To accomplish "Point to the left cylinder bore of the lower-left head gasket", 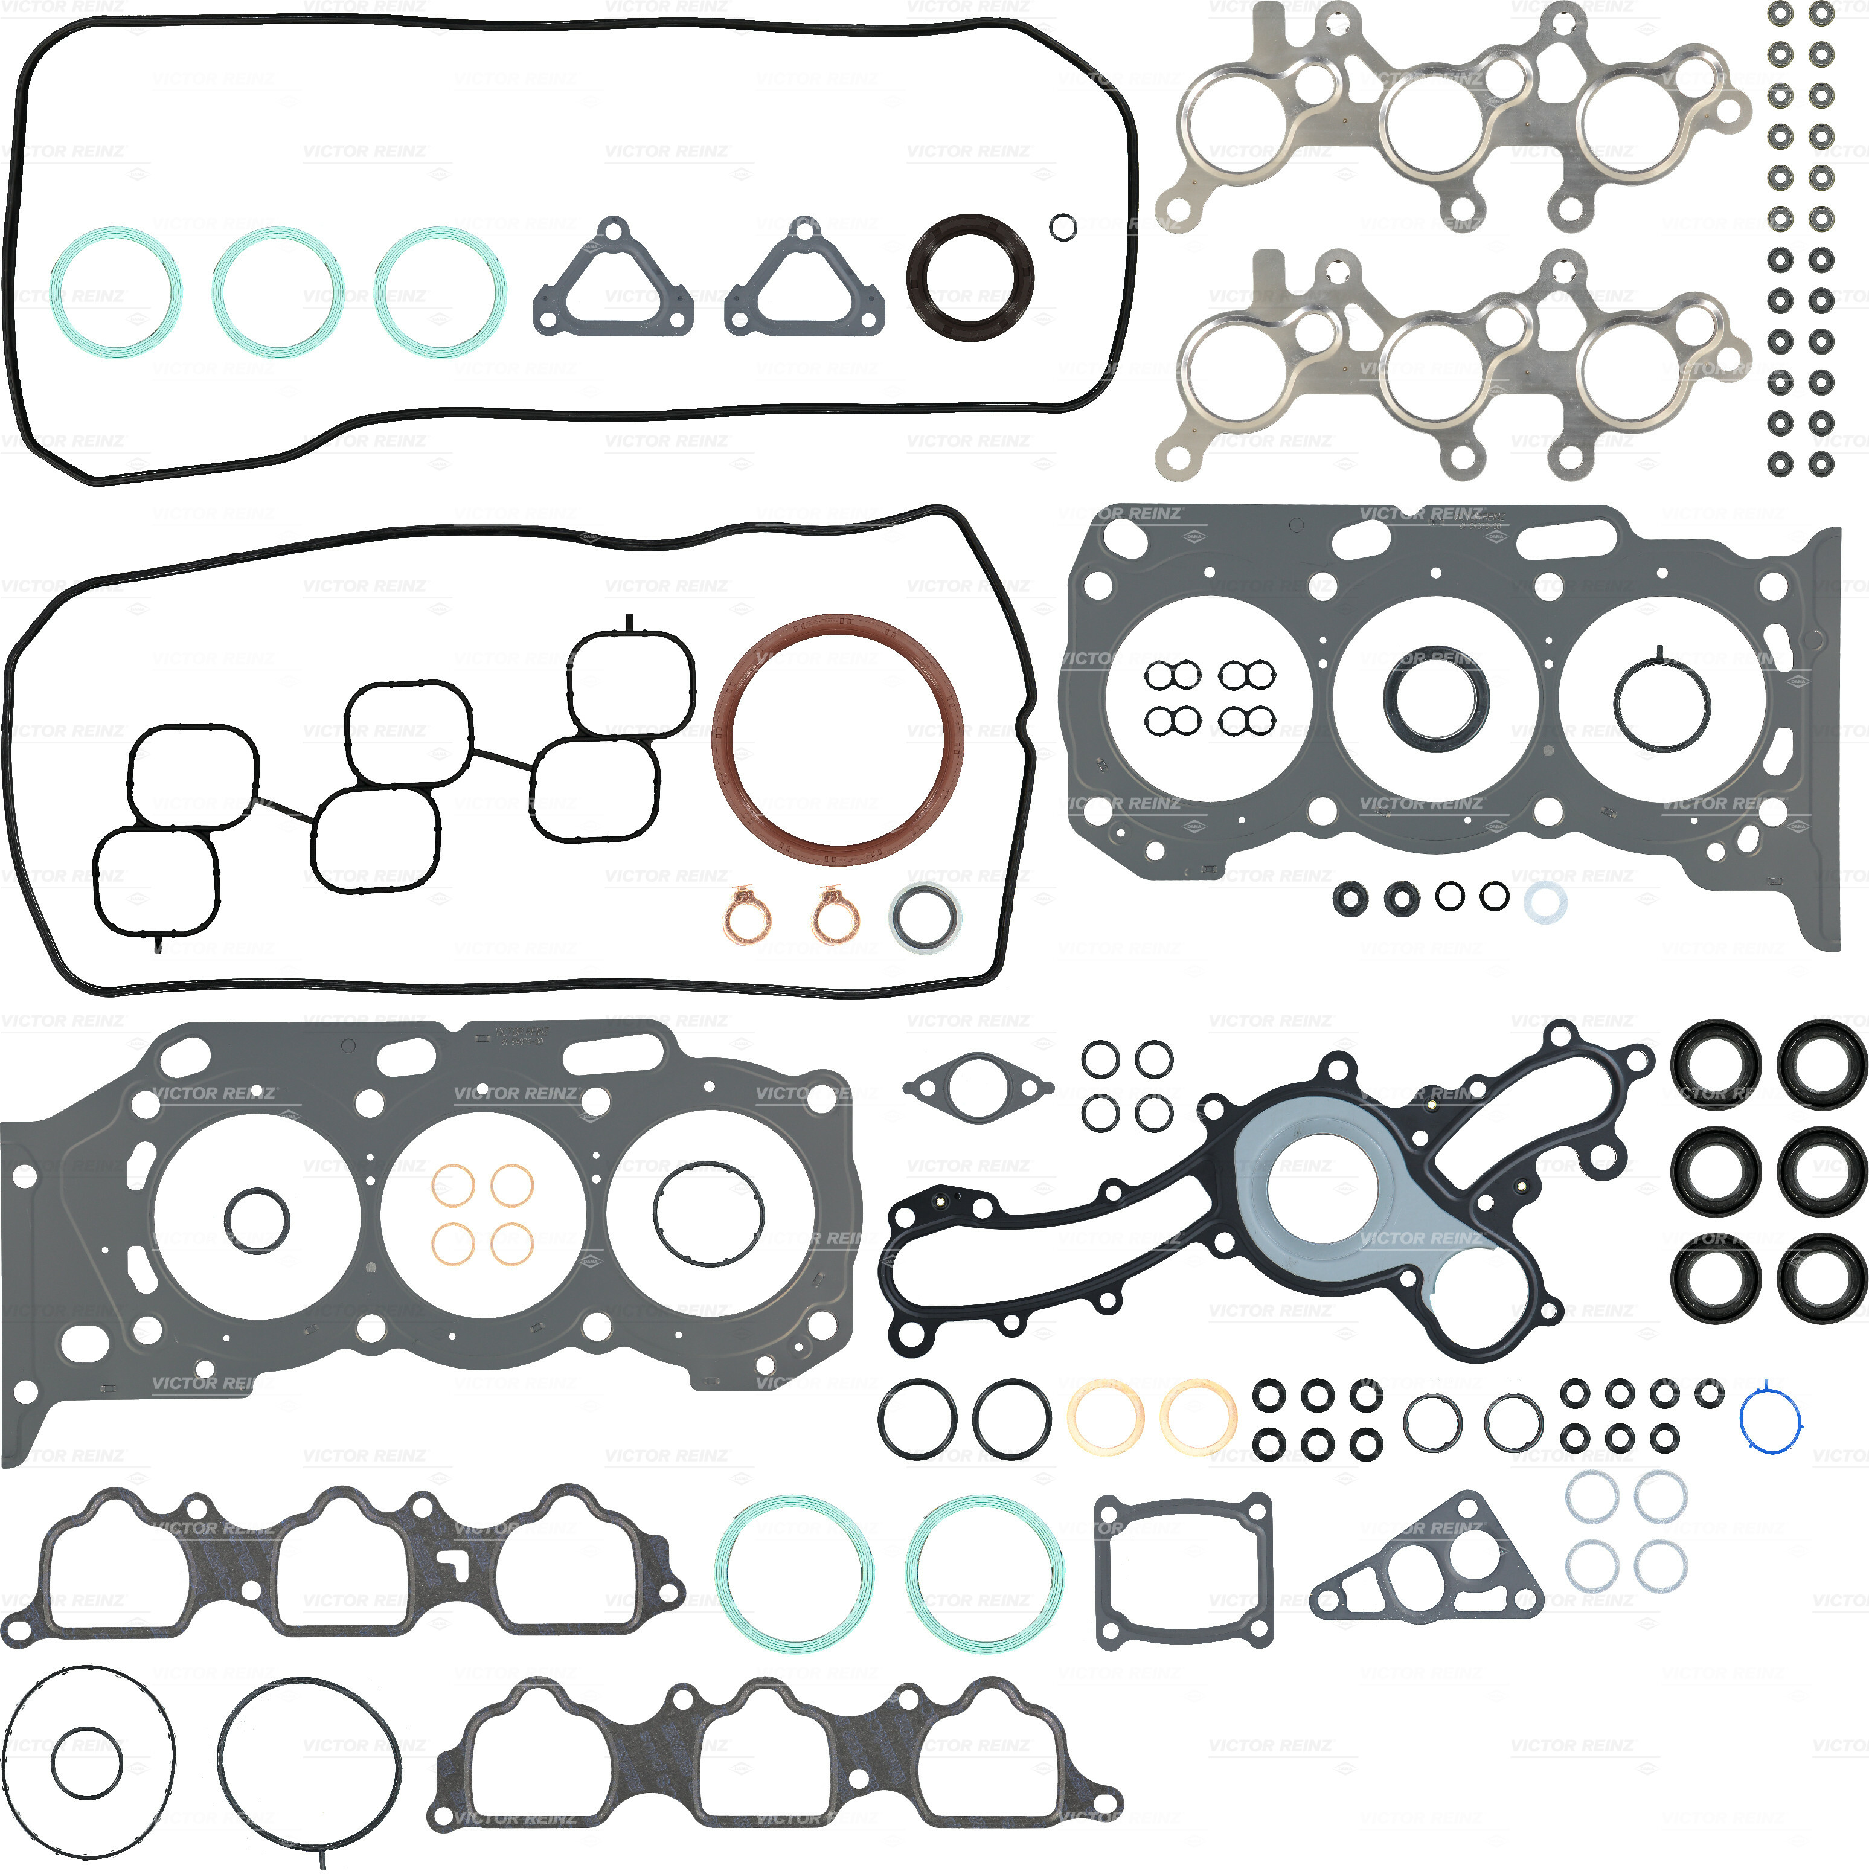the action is coord(257,1218).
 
